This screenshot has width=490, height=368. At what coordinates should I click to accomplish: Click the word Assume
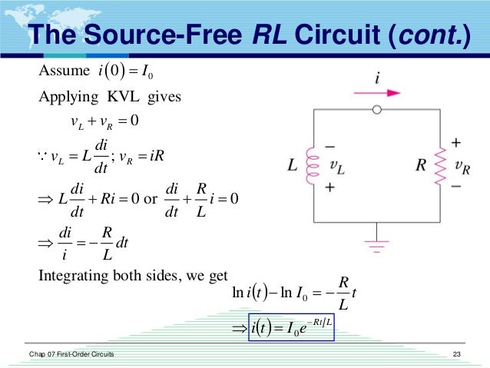click(59, 73)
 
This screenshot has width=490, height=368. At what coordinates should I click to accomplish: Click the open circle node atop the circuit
click(376, 110)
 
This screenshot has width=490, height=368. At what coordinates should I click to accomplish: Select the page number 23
click(458, 353)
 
